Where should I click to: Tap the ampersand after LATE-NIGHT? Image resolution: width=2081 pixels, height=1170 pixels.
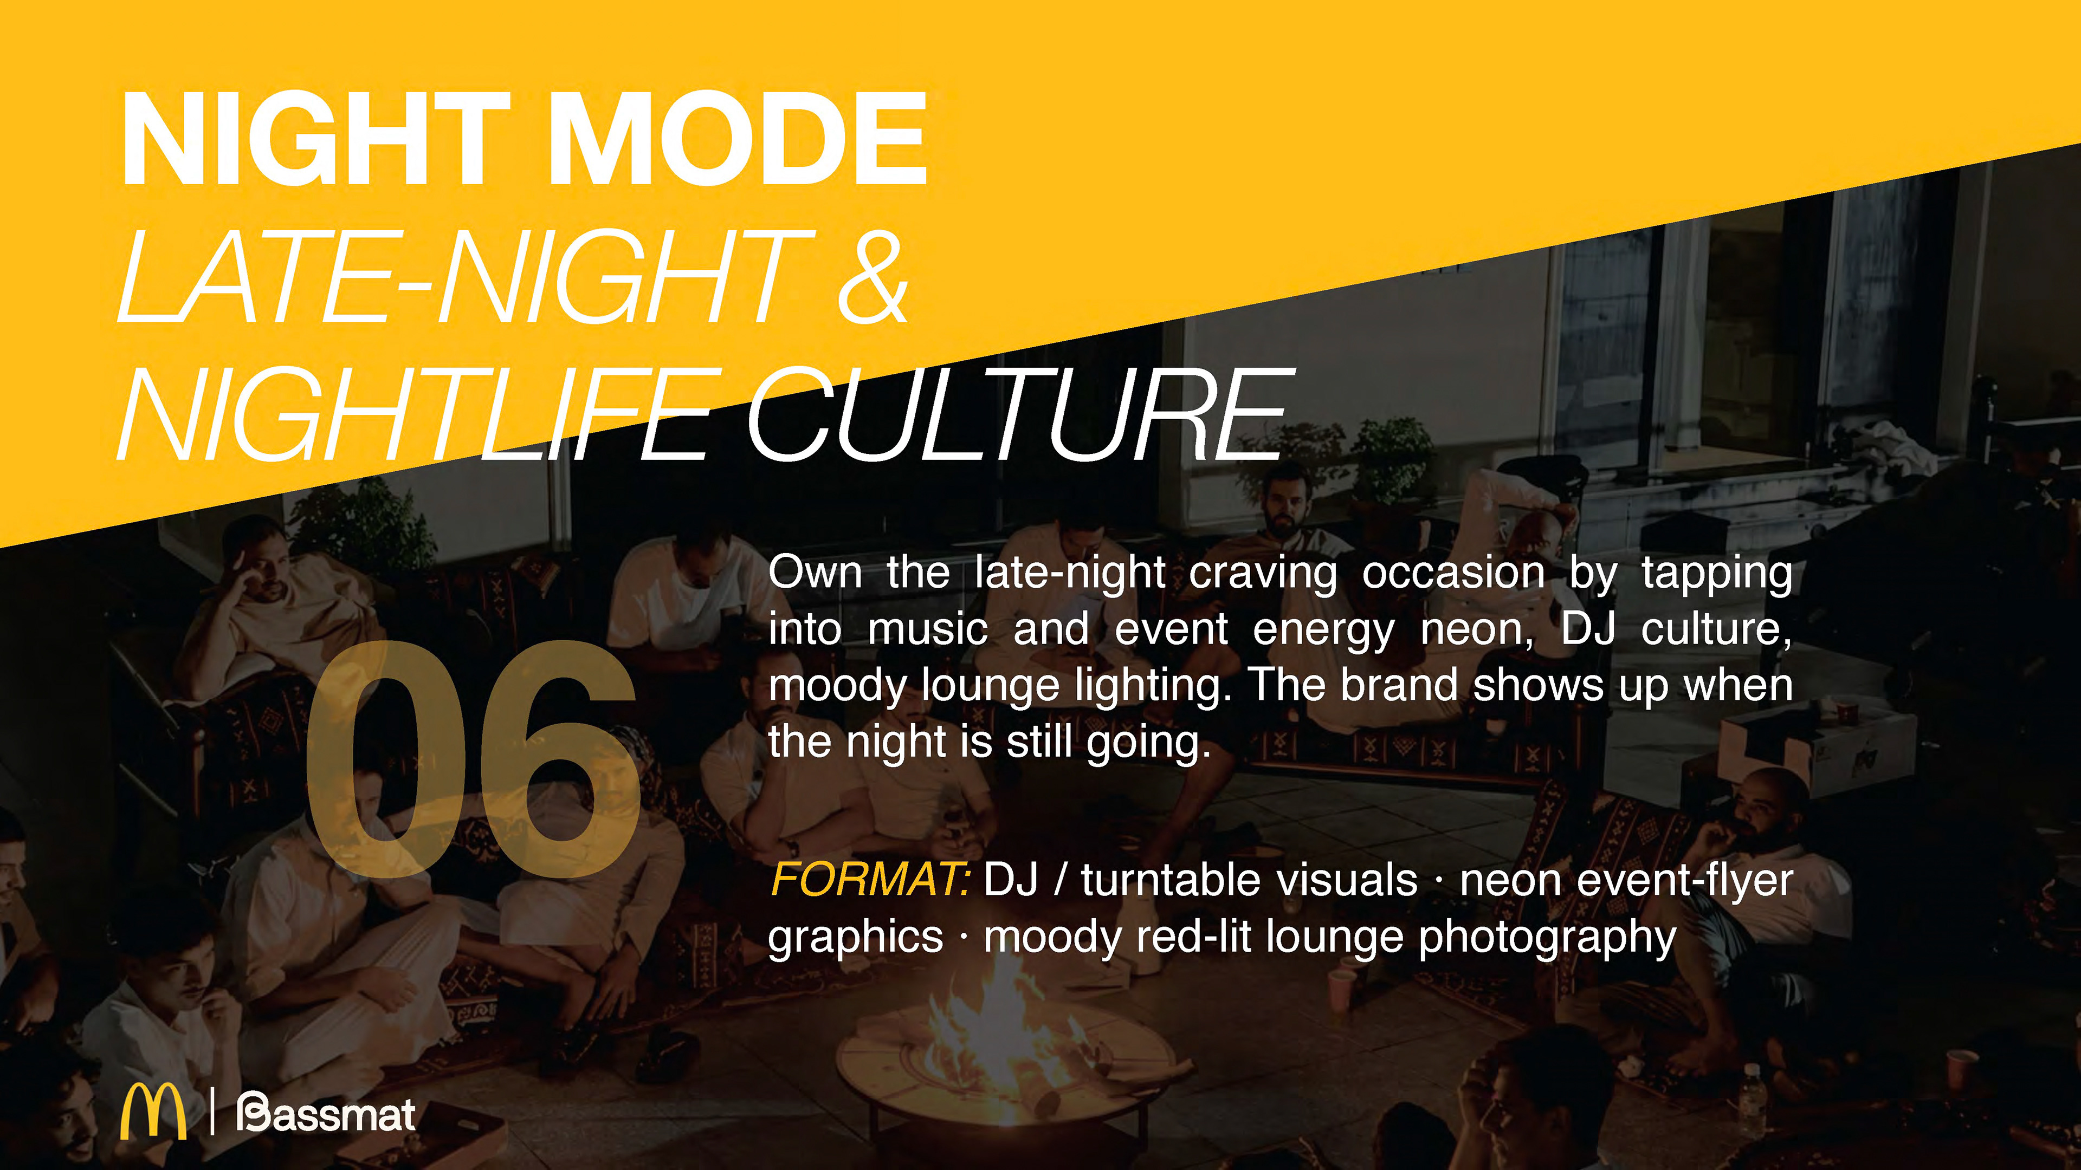[873, 276]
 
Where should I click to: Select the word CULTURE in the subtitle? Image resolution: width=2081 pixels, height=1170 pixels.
[1018, 414]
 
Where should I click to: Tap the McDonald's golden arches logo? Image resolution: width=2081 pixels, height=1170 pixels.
[153, 1112]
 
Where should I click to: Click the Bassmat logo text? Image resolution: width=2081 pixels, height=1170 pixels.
[326, 1114]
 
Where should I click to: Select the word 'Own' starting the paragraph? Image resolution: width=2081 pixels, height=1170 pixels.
[815, 573]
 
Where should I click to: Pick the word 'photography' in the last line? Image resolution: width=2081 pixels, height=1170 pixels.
[1547, 938]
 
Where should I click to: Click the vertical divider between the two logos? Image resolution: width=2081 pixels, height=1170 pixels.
[212, 1112]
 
